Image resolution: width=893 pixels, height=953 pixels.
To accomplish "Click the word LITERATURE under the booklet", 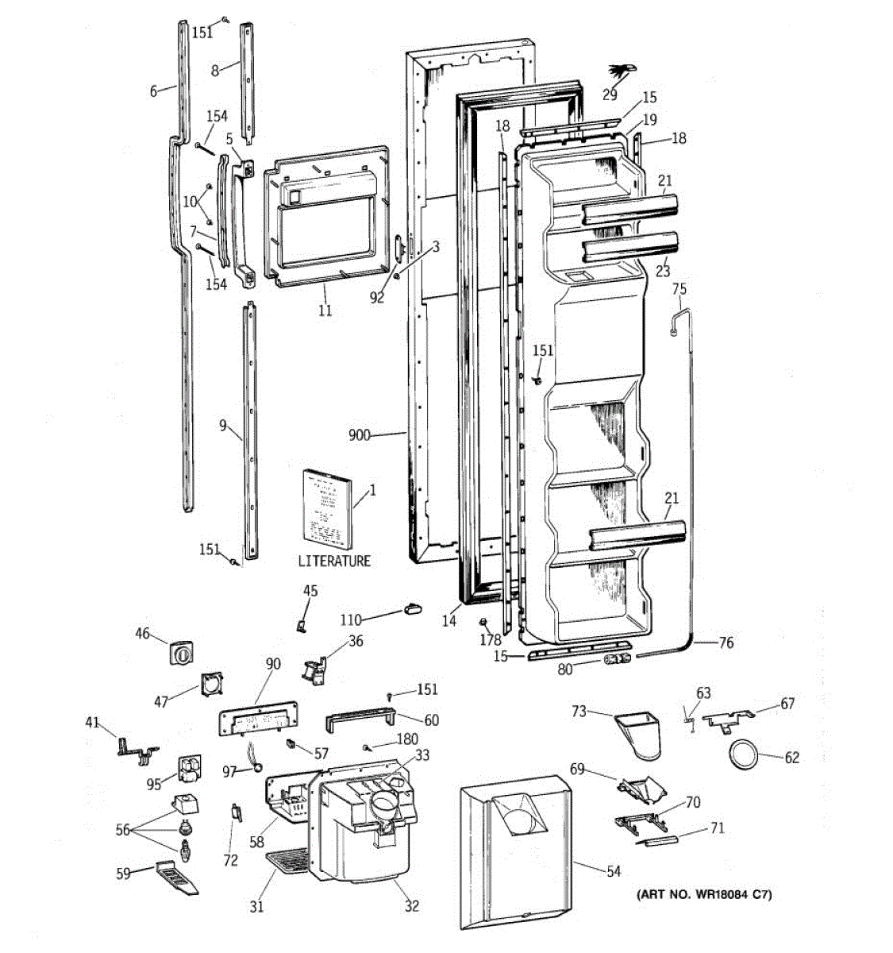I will pyautogui.click(x=334, y=561).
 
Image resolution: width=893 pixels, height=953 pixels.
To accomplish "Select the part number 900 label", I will pyautogui.click(x=360, y=434).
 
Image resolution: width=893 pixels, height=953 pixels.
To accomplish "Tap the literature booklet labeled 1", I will pyautogui.click(x=326, y=508).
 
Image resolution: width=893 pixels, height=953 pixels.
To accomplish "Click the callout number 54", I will pyautogui.click(x=614, y=871).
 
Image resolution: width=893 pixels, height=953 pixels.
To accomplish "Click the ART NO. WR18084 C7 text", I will pyautogui.click(x=704, y=895).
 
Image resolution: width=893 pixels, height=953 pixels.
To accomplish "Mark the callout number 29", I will pyautogui.click(x=609, y=95).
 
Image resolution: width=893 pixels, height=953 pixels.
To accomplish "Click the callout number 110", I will pyautogui.click(x=351, y=620).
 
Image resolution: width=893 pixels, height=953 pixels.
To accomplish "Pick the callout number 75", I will pyautogui.click(x=679, y=289).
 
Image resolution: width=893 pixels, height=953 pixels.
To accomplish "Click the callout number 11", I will pyautogui.click(x=325, y=311).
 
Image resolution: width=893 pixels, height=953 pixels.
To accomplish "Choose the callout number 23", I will pyautogui.click(x=663, y=271).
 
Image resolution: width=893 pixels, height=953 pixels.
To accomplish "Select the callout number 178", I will pyautogui.click(x=491, y=639).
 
